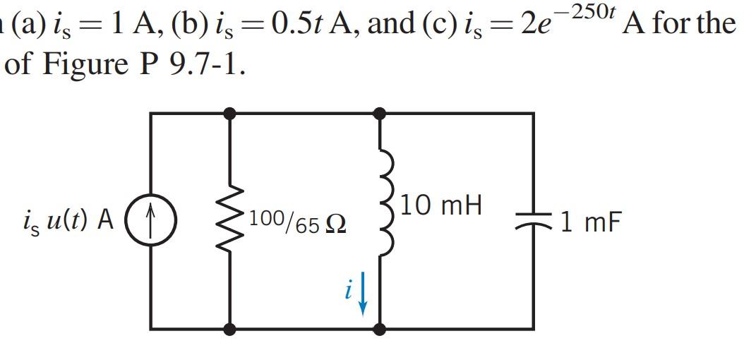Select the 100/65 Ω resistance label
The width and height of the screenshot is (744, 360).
(x=296, y=222)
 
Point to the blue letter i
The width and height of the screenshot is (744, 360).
(x=348, y=293)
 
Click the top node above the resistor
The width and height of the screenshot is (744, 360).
(x=229, y=112)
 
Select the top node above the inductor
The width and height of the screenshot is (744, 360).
(x=380, y=112)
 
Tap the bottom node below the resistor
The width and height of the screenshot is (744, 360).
(x=229, y=329)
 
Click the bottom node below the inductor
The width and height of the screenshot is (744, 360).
(x=380, y=329)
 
